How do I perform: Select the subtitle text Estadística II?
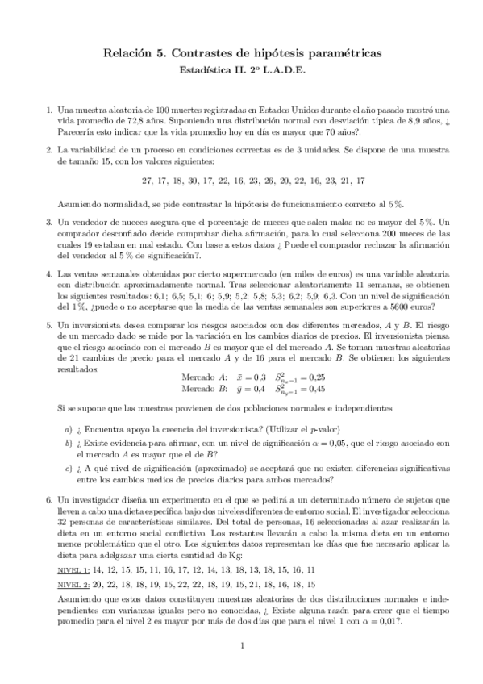210,70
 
